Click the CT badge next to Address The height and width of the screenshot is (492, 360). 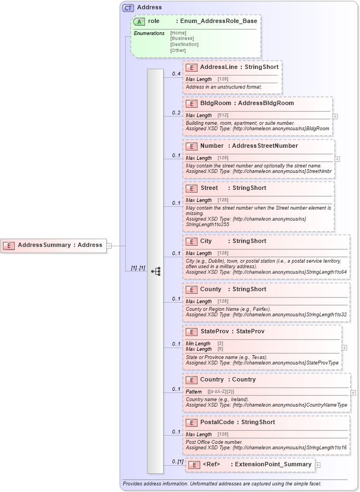coord(128,8)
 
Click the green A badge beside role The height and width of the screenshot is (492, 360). coord(139,21)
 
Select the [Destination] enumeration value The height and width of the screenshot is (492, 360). coord(184,44)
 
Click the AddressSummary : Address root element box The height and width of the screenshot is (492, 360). coord(54,245)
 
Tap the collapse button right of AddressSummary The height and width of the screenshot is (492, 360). coord(109,246)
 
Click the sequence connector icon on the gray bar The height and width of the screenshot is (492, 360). coord(155,271)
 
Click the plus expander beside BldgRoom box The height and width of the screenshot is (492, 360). coord(335,116)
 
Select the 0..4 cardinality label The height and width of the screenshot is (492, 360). coord(176,73)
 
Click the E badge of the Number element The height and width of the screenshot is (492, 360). coord(191,146)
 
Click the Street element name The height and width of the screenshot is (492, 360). coord(210,188)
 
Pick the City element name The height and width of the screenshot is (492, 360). coord(206,241)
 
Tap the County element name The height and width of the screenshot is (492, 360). coord(211,289)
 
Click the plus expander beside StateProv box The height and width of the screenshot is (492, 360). coord(344,347)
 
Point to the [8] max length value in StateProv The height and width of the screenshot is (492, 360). coord(220,349)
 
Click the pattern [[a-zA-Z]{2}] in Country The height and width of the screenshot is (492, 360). coord(221,392)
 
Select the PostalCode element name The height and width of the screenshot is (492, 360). coord(217,422)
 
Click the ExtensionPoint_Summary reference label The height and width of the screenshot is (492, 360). coord(270,465)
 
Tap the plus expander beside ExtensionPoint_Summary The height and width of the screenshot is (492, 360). coord(317,465)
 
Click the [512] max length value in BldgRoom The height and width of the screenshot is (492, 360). coord(223,115)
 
